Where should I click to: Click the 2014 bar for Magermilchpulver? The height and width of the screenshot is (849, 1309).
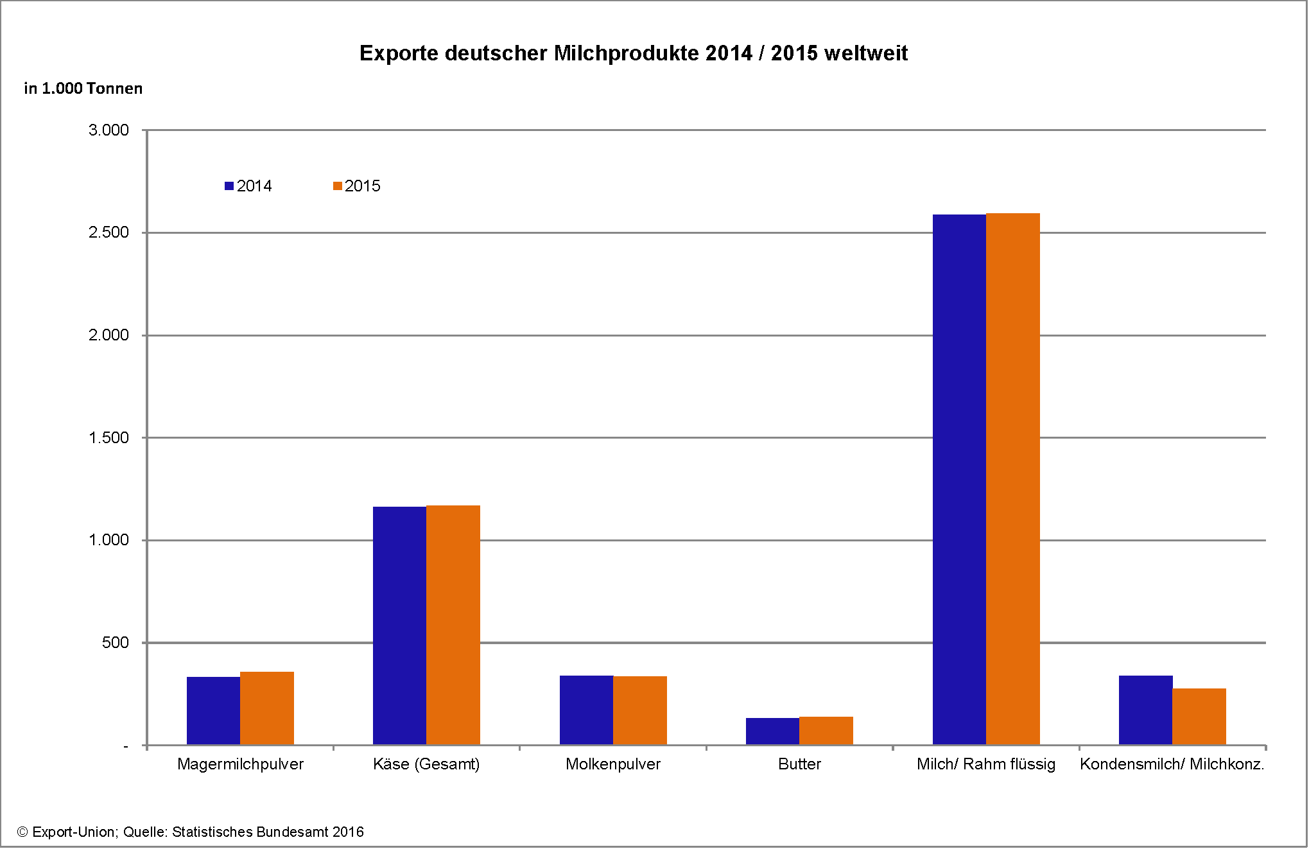tap(213, 711)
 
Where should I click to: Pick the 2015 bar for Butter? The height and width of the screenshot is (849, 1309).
tap(826, 731)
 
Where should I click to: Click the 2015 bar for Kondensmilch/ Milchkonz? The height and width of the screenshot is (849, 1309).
tap(1199, 717)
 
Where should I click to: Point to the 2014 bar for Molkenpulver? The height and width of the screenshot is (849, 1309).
tap(586, 710)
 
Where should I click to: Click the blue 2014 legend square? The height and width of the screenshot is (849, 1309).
tap(229, 186)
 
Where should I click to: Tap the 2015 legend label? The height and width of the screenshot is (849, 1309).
tap(363, 186)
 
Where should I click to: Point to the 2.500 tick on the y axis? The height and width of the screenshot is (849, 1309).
tap(108, 232)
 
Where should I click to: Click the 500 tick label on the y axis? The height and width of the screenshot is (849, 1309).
tap(116, 643)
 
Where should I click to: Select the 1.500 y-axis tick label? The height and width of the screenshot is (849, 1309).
tap(108, 438)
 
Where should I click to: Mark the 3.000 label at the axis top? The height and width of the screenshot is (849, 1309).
tap(108, 130)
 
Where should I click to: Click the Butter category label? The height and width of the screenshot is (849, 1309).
tap(799, 764)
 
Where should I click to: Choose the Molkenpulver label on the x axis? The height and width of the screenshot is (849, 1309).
tap(613, 764)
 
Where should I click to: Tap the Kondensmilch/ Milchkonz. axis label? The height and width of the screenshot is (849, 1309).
tap(1172, 764)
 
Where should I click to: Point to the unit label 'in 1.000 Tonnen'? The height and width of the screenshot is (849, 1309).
tap(83, 89)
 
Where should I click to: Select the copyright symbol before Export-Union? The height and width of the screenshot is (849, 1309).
tap(22, 832)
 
